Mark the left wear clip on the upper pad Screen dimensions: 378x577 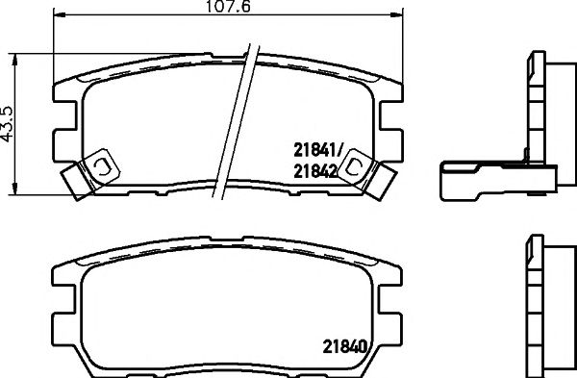[89, 171]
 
